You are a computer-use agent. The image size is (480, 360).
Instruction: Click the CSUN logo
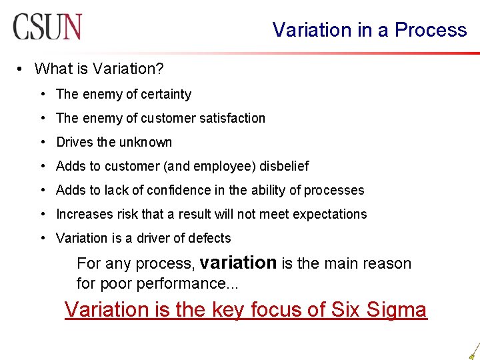click(47, 27)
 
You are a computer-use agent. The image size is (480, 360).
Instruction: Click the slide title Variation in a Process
click(369, 30)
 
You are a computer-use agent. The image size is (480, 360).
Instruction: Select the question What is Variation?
click(99, 69)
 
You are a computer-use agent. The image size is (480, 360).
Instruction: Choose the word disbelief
click(283, 166)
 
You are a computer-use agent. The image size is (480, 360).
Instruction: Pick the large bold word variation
click(238, 263)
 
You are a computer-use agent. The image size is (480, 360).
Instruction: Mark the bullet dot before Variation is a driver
click(43, 238)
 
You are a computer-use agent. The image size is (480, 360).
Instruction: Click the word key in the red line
click(230, 309)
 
